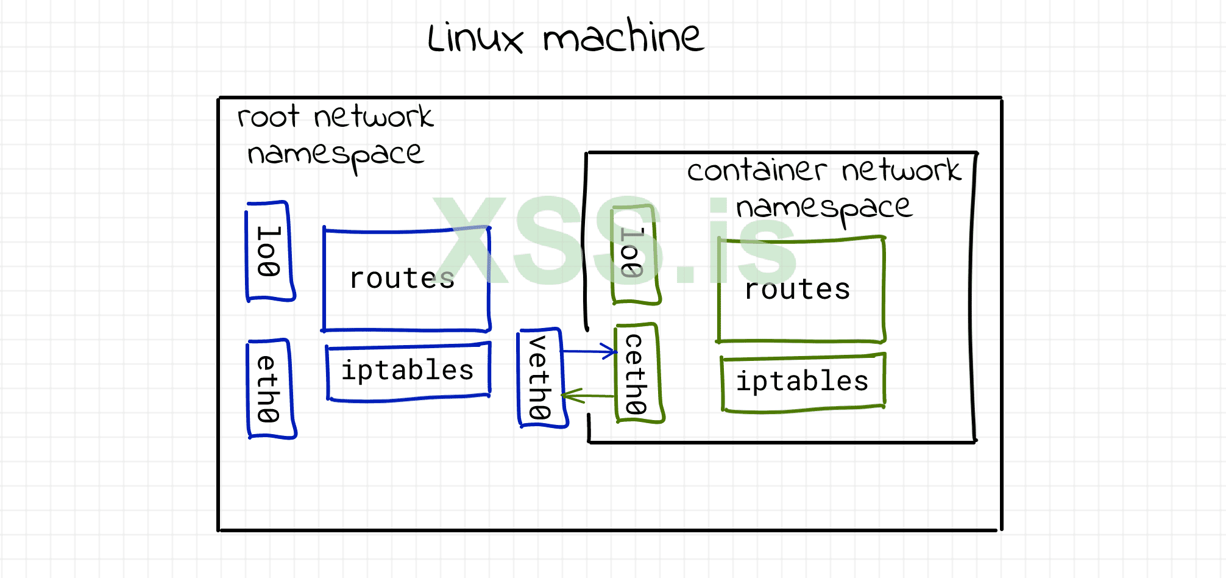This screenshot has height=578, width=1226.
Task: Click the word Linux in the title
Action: tap(475, 38)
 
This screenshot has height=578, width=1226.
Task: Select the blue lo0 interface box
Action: tap(269, 252)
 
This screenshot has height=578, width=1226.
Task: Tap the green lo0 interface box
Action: tap(634, 254)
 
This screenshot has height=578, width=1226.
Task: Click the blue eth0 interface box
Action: tap(270, 389)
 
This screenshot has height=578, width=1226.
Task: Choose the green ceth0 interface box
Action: tap(637, 373)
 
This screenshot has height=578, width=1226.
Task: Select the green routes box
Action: tap(800, 290)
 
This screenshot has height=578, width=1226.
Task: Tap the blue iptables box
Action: tap(408, 371)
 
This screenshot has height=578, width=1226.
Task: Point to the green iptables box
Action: tap(803, 382)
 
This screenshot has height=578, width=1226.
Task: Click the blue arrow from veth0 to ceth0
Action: tap(589, 351)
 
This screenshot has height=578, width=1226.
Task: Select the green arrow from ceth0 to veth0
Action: tap(587, 396)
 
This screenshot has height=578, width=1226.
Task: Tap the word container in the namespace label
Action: tap(756, 170)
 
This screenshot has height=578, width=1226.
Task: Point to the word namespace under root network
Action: tap(335, 155)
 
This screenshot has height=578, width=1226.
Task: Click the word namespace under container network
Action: tap(824, 209)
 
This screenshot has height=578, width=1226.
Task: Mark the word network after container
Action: tap(901, 170)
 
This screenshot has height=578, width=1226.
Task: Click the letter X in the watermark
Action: tap(470, 241)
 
